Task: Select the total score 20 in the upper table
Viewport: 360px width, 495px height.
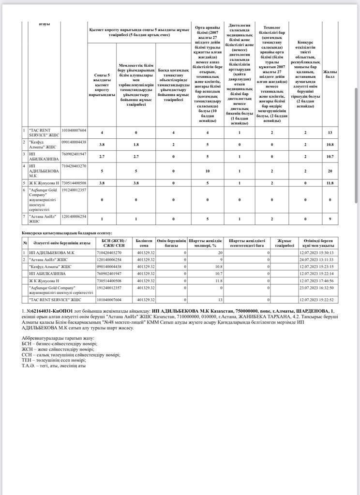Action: (330, 171)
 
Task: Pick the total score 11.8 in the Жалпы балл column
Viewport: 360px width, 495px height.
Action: (330, 183)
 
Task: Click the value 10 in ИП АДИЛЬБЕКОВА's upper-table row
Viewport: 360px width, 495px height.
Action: (207, 171)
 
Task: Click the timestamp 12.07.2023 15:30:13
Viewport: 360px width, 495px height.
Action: (316, 252)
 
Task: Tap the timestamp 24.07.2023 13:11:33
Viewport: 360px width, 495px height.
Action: (316, 260)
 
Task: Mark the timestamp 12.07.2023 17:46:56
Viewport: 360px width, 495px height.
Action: (316, 280)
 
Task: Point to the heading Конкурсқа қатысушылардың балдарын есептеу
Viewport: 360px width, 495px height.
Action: (67, 233)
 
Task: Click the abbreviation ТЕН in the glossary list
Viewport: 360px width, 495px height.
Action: (28, 360)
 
